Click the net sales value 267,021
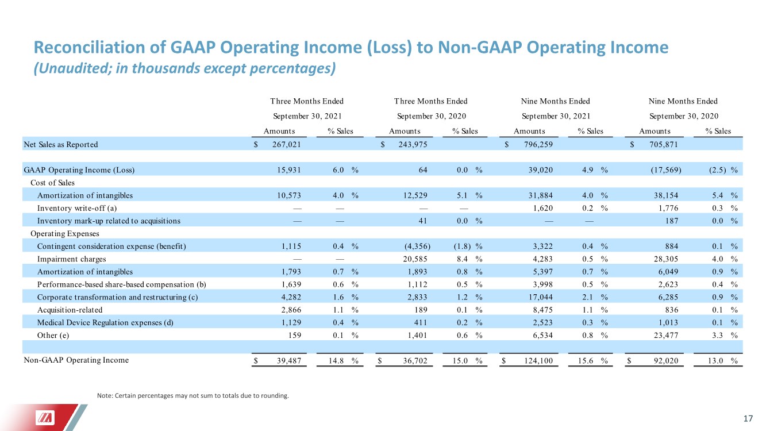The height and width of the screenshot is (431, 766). pyautogui.click(x=287, y=145)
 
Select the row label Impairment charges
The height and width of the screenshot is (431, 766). pyautogui.click(x=71, y=259)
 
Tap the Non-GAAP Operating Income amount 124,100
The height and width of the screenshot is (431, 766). pyautogui.click(x=538, y=360)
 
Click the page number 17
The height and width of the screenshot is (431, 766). pyautogui.click(x=748, y=419)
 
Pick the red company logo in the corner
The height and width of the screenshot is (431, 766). pyautogui.click(x=45, y=418)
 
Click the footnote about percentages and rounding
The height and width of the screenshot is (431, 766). pyautogui.click(x=193, y=396)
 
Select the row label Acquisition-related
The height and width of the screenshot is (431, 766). pyautogui.click(x=70, y=310)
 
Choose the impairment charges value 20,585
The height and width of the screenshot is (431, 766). pyautogui.click(x=415, y=259)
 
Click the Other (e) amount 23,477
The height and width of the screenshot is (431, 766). pyautogui.click(x=666, y=336)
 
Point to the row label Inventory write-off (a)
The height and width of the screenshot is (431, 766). pyautogui.click(x=77, y=208)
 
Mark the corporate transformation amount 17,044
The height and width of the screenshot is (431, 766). pyautogui.click(x=540, y=297)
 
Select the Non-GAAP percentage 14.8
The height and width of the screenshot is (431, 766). pyautogui.click(x=336, y=360)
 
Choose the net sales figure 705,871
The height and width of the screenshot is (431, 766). pyautogui.click(x=664, y=145)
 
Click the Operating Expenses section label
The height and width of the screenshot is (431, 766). pyautogui.click(x=64, y=234)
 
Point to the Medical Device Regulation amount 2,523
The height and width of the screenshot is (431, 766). pyautogui.click(x=542, y=322)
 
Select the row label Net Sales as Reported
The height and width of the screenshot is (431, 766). pyautogui.click(x=60, y=145)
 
